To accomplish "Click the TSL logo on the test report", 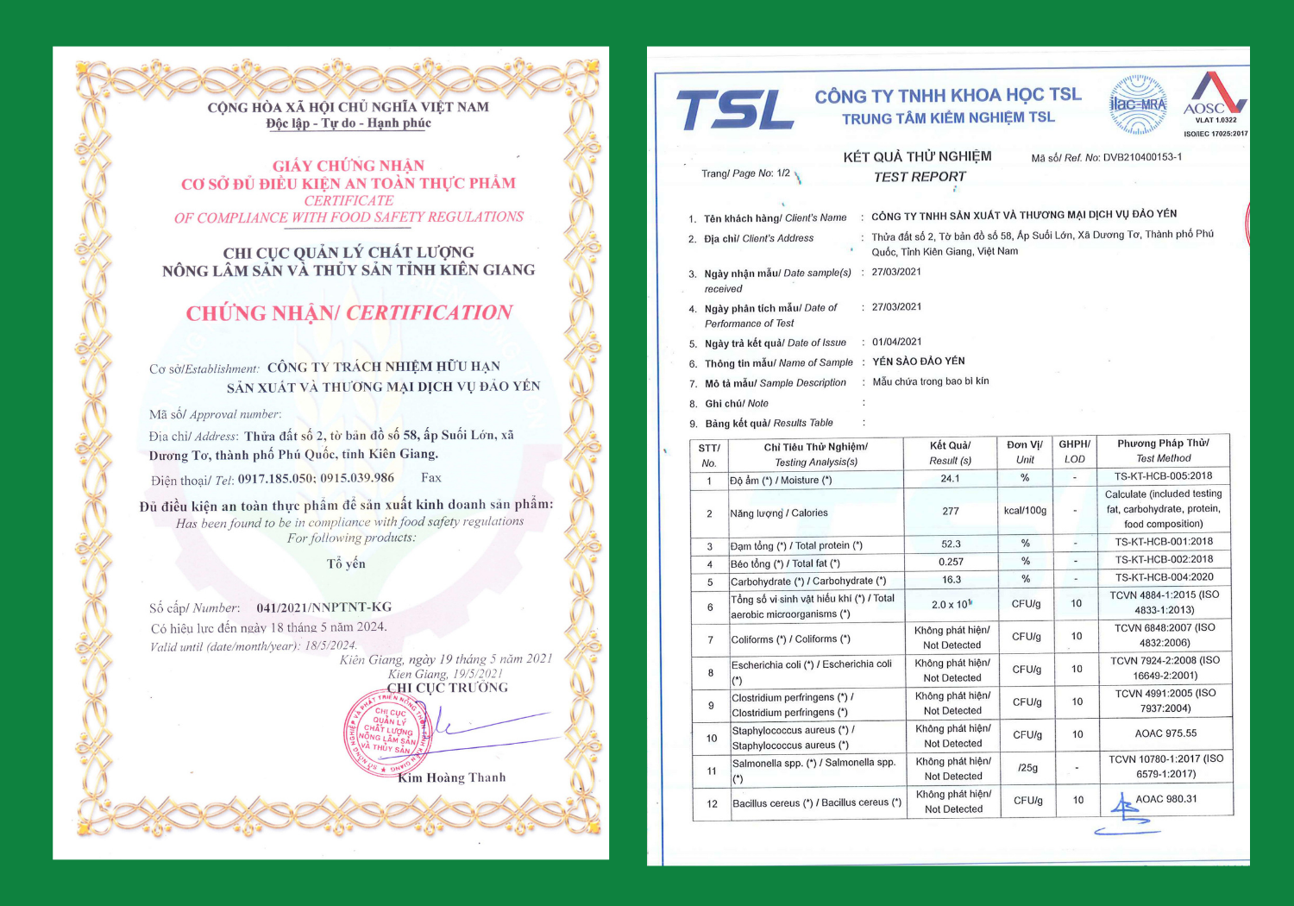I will pos(734,110).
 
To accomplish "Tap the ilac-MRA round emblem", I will pos(1138,104).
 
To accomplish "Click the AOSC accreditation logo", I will pos(1215,97).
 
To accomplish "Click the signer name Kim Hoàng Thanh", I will pos(451,777).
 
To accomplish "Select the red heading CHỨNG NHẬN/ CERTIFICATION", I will pos(349,312).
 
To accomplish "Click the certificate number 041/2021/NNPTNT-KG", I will pos(323,607).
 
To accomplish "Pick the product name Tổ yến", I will pos(346,563).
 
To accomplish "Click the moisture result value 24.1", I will pos(950,478).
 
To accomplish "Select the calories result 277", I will pos(951,511).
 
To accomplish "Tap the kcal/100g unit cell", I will pos(1025,511).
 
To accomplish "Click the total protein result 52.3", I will pos(951,544).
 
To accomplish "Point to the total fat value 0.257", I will pos(951,562).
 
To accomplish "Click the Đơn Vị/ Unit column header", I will pos(1025,452).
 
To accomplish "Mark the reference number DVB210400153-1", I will pos(1142,157).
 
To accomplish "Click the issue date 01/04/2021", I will pos(896,342).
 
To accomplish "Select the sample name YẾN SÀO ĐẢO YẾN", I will pos(918,362).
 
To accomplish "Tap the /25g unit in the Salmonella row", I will pos(1027,767).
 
